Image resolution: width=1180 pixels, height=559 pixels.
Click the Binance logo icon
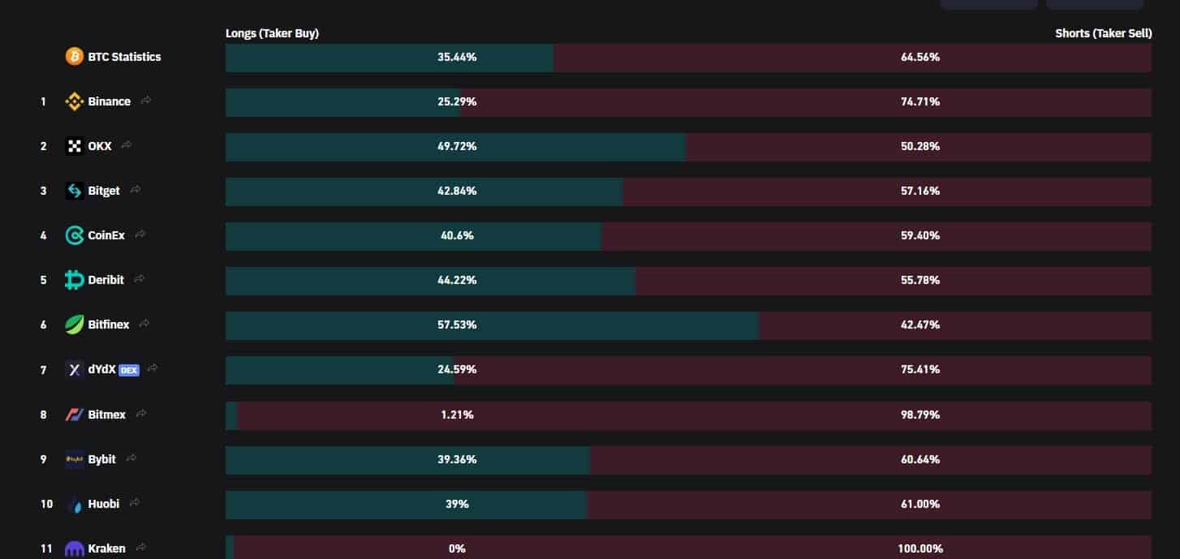pyautogui.click(x=74, y=101)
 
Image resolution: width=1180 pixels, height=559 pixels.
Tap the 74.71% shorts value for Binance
pyautogui.click(x=919, y=101)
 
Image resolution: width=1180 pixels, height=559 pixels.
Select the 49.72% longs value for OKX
pyautogui.click(x=456, y=146)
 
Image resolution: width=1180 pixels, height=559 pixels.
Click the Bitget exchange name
pyautogui.click(x=103, y=191)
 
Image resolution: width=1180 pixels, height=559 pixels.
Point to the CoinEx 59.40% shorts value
pyautogui.click(x=919, y=235)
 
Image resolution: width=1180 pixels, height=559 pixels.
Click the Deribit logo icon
pyautogui.click(x=74, y=280)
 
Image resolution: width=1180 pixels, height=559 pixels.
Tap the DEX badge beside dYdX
pyautogui.click(x=129, y=370)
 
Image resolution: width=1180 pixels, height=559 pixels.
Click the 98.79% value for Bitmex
pyautogui.click(x=919, y=415)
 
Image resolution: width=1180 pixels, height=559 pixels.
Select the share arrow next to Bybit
pyautogui.click(x=131, y=458)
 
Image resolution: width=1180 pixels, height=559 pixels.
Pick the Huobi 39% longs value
pyautogui.click(x=456, y=504)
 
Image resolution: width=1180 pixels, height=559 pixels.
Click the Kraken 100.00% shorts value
pyautogui.click(x=919, y=548)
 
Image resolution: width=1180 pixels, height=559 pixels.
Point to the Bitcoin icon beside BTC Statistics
pyautogui.click(x=74, y=57)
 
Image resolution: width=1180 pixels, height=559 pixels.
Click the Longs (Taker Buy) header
pyautogui.click(x=272, y=33)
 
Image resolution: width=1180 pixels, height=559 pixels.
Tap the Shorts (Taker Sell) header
pyautogui.click(x=1103, y=33)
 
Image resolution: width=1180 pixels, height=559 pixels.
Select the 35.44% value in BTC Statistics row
pyautogui.click(x=456, y=57)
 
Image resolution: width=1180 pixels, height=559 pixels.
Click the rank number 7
pyautogui.click(x=43, y=370)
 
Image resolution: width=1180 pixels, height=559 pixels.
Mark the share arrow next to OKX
pyautogui.click(x=127, y=145)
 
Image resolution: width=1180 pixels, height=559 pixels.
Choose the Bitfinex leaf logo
pyautogui.click(x=74, y=325)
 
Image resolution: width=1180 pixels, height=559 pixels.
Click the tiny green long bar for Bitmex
pyautogui.click(x=231, y=415)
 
